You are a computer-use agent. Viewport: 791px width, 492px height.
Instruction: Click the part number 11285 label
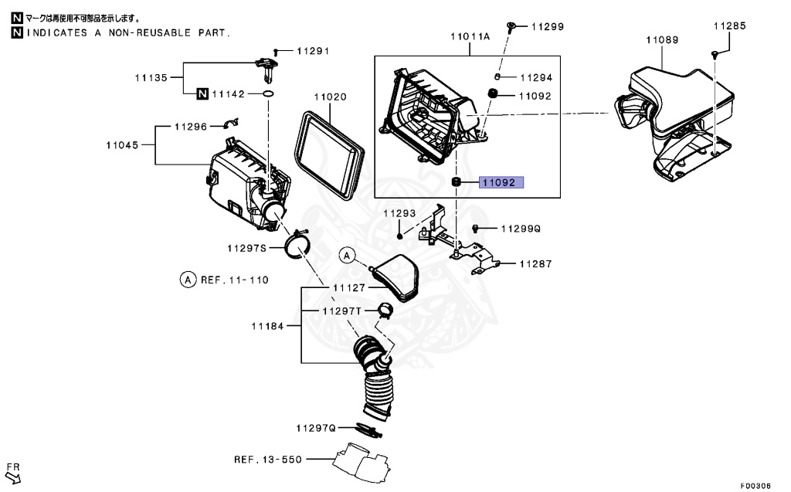[x=729, y=25]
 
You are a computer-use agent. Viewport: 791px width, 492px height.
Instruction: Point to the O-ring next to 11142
[x=267, y=94]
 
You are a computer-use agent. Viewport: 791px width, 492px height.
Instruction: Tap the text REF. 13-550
[x=267, y=460]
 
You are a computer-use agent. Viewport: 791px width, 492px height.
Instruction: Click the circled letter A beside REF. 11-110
[x=187, y=280]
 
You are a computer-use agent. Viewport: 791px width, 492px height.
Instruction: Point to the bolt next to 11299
[x=512, y=27]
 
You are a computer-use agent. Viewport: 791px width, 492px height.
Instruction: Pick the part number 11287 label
[x=536, y=264]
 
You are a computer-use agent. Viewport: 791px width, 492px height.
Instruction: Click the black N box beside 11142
[x=202, y=94]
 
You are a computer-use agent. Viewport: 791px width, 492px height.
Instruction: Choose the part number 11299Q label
[x=521, y=229]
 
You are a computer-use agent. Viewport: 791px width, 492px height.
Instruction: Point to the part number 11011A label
[x=470, y=36]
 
